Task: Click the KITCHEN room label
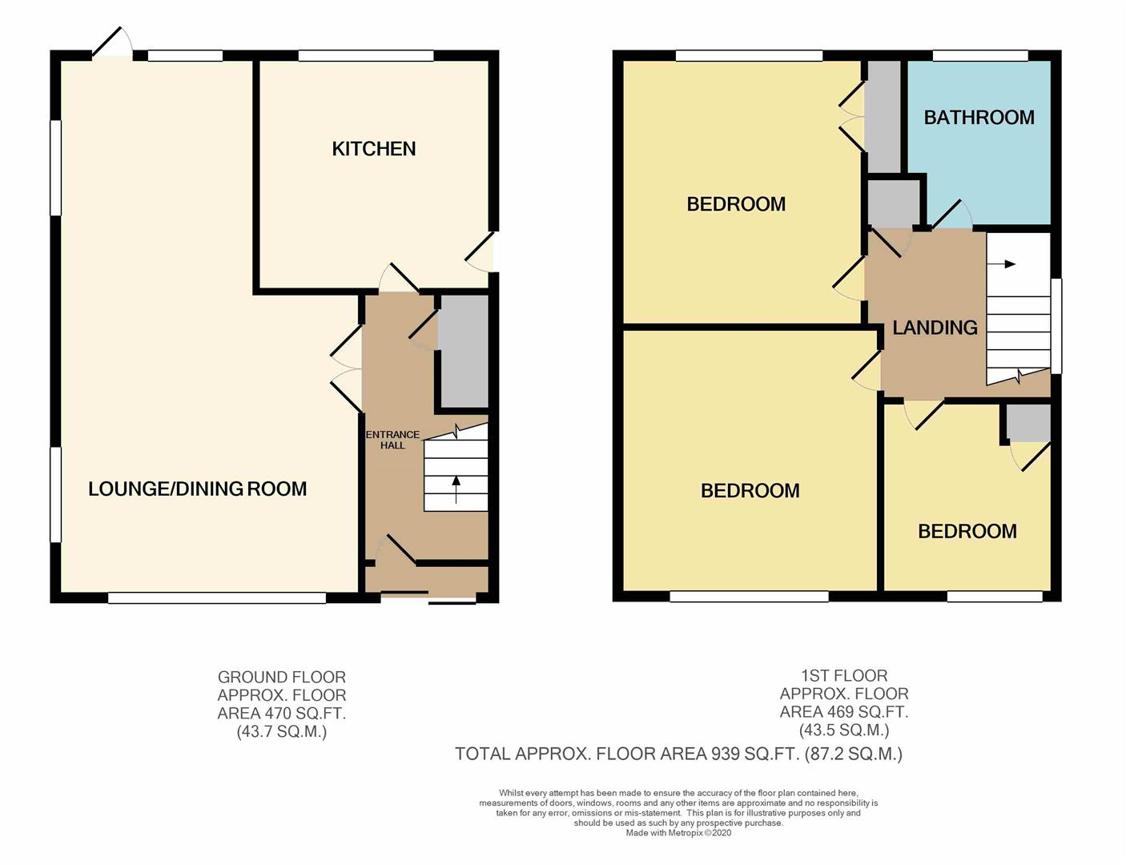374,149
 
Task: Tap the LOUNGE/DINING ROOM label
198,489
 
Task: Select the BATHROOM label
979,118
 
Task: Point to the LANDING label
935,328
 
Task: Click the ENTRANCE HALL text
392,440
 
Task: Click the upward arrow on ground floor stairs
456,489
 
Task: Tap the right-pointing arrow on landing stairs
1001,264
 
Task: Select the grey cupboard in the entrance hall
464,351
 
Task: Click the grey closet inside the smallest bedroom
1029,423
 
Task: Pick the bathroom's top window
980,55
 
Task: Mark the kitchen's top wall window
366,55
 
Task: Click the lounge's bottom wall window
217,597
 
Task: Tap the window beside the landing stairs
1056,326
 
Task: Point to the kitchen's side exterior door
480,251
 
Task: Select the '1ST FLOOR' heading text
844,675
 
